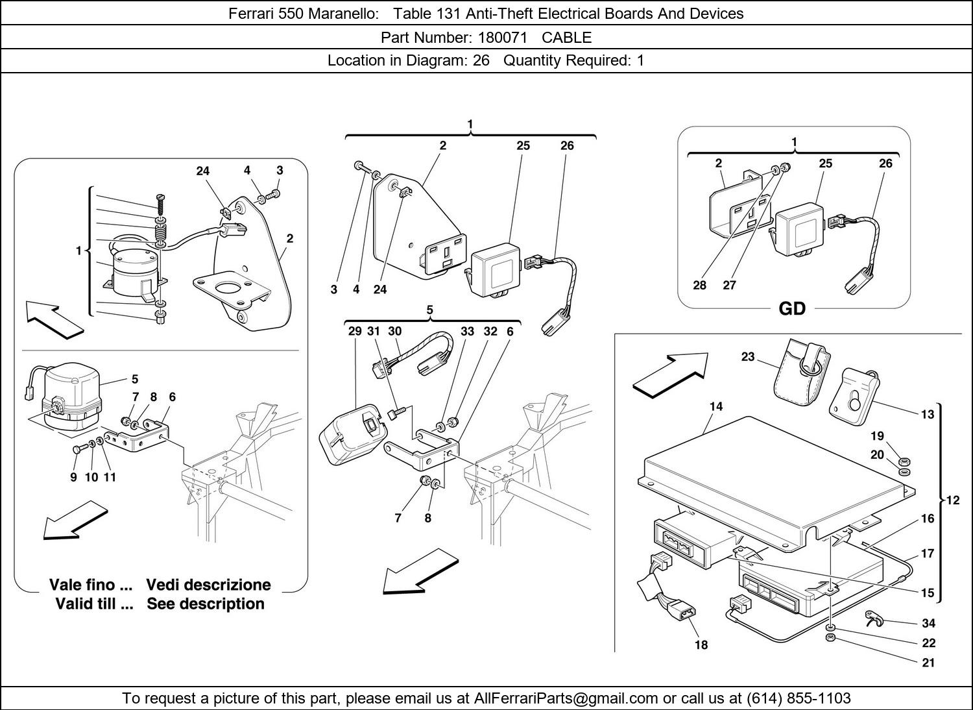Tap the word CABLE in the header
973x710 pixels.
pyautogui.click(x=567, y=37)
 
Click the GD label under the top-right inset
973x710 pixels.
pyautogui.click(x=791, y=309)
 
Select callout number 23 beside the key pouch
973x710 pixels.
pyautogui.click(x=748, y=357)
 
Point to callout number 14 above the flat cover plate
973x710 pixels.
pyautogui.click(x=715, y=407)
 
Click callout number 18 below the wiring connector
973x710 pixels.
pyautogui.click(x=701, y=644)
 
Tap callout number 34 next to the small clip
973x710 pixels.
pyautogui.click(x=928, y=623)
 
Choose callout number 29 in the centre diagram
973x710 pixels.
pyautogui.click(x=354, y=331)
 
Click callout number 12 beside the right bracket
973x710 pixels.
pyautogui.click(x=952, y=500)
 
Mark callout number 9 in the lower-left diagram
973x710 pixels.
pyautogui.click(x=73, y=477)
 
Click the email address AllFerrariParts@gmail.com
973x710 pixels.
pyautogui.click(x=566, y=698)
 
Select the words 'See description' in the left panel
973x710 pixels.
pyautogui.click(x=206, y=604)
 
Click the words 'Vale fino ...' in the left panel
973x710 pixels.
pyautogui.click(x=91, y=585)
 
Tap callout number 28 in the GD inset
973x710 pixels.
pyautogui.click(x=699, y=285)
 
